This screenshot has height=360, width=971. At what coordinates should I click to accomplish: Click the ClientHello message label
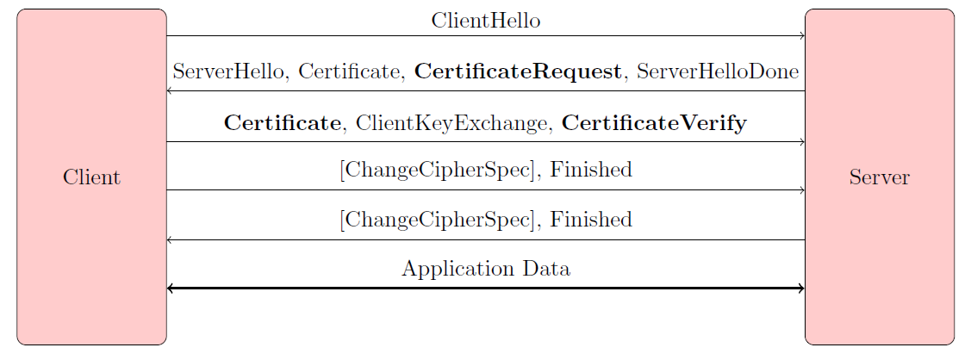tap(485, 21)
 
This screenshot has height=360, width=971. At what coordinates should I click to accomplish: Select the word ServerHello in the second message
tap(230, 71)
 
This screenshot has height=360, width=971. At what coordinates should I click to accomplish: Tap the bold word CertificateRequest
tap(518, 71)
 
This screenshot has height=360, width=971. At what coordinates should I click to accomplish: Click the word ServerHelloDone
tap(717, 71)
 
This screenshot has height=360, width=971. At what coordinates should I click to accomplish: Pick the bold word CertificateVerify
tap(654, 123)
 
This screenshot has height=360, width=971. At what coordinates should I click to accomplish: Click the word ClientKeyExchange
tap(452, 123)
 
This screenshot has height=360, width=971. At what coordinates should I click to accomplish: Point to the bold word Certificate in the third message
tap(282, 123)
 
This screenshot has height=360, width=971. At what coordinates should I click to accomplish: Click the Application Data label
tap(485, 269)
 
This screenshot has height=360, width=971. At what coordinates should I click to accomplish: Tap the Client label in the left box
tap(91, 177)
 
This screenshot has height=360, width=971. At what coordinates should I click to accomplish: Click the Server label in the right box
tap(879, 177)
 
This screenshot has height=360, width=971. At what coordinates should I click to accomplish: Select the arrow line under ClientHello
tap(485, 36)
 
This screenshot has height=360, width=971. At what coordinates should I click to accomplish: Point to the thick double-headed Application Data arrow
tap(485, 289)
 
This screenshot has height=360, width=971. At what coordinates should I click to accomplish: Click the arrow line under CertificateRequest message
tap(485, 90)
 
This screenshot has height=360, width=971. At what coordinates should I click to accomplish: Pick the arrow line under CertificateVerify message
tap(485, 141)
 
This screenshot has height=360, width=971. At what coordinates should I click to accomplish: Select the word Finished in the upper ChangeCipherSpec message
tap(591, 170)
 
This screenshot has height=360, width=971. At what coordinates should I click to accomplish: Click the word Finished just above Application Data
tap(591, 220)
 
